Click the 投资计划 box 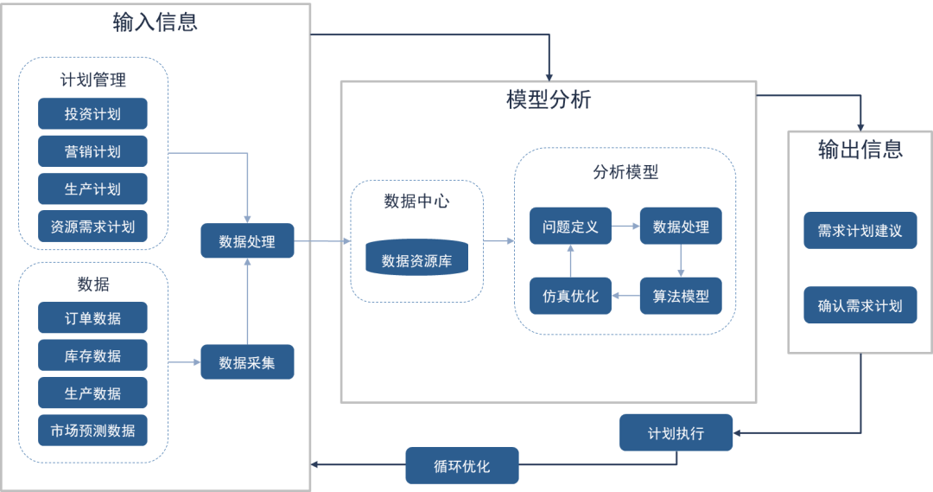92,114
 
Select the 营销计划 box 92,151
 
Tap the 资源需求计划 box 92,227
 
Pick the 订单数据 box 92,318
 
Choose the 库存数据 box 92,355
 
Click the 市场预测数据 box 92,430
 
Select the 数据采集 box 247,362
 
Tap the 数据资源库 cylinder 416,260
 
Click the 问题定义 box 570,227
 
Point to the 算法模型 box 681,296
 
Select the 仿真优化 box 570,296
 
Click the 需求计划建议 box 860,231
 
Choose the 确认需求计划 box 860,306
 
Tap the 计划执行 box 676,433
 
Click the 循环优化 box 461,466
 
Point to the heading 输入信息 155,22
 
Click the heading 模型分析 549,99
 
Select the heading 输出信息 860,150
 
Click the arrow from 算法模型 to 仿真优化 625,296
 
